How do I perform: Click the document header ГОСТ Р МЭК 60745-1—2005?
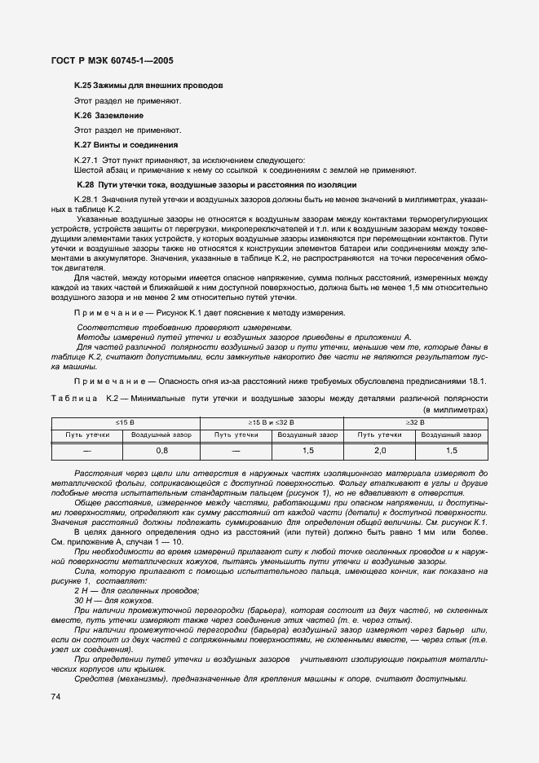pyautogui.click(x=113, y=60)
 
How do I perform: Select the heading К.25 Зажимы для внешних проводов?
pyautogui.click(x=148, y=86)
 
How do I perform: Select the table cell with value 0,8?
pyautogui.click(x=161, y=450)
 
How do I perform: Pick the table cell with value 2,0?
pyautogui.click(x=379, y=450)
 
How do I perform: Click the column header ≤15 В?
pyautogui.click(x=125, y=422)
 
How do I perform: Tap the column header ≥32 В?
pyautogui.click(x=416, y=422)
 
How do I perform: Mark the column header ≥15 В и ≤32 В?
pyautogui.click(x=270, y=422)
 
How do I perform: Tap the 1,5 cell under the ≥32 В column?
pyautogui.click(x=452, y=450)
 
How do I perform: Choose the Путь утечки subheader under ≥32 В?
pyautogui.click(x=379, y=434)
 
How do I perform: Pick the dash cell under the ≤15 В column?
pyautogui.click(x=87, y=450)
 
